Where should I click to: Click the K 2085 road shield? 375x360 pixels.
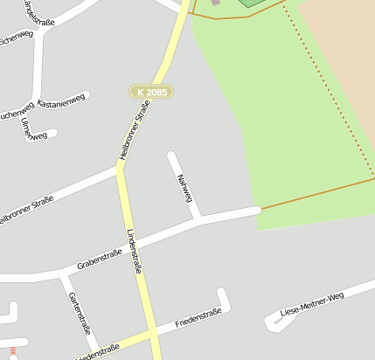(x=151, y=92)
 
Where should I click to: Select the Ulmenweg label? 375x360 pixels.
(x=33, y=128)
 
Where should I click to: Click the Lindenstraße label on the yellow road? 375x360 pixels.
(x=134, y=252)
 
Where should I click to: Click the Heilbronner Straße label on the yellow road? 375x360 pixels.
(x=135, y=130)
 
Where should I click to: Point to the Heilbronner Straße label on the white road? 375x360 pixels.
(x=24, y=211)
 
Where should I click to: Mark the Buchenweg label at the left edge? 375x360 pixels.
(x=16, y=111)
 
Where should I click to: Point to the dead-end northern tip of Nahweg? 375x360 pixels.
(x=172, y=156)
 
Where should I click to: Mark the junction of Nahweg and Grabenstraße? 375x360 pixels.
(x=199, y=218)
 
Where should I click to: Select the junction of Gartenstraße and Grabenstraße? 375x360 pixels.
(x=63, y=276)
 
